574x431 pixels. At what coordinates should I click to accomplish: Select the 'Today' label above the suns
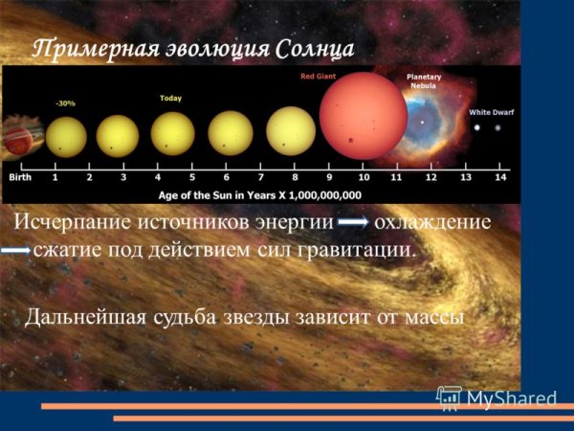pyautogui.click(x=171, y=97)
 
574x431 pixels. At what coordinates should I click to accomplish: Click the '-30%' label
pyautogui.click(x=64, y=102)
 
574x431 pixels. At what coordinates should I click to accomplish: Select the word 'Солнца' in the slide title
pyautogui.click(x=309, y=47)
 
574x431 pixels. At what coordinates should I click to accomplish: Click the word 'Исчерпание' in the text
pyautogui.click(x=76, y=222)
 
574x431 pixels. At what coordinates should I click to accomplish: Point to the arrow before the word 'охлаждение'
pyautogui.click(x=353, y=222)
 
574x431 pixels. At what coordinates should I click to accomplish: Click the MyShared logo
pyautogui.click(x=497, y=397)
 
